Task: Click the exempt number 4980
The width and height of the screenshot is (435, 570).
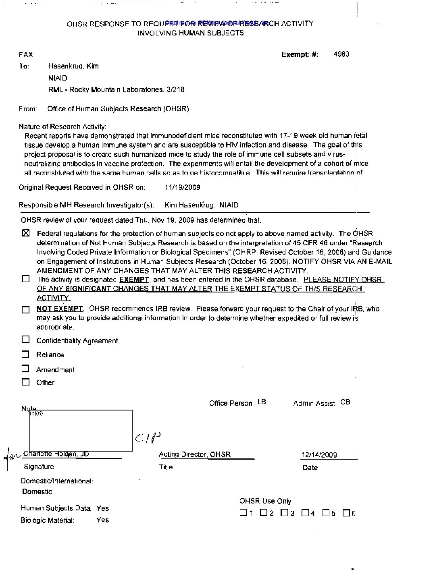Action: [x=341, y=54]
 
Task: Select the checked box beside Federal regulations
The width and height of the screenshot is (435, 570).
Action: [x=26, y=233]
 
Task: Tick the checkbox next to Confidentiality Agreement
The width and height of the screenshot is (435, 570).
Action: [x=26, y=339]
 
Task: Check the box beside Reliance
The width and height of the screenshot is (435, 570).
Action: [x=26, y=354]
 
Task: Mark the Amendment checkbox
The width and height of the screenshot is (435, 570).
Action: [x=26, y=368]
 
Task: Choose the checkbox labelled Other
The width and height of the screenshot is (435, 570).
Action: [x=26, y=382]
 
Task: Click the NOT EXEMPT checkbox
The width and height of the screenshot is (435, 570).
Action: [x=26, y=309]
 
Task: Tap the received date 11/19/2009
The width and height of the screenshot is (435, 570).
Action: [x=182, y=187]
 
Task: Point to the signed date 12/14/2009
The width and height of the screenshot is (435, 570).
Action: [x=319, y=455]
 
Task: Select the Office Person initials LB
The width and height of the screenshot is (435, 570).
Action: [x=262, y=402]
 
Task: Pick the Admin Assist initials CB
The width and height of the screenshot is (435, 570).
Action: [x=345, y=402]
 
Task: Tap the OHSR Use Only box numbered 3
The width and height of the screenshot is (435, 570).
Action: [x=285, y=513]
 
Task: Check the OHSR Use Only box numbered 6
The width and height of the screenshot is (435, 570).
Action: [x=346, y=513]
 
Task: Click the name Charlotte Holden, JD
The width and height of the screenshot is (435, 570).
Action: [x=56, y=454]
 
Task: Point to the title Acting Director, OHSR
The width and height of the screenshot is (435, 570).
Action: [x=195, y=454]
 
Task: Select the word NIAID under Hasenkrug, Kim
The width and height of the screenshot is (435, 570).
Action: [x=58, y=78]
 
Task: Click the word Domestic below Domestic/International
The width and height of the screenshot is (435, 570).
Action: [x=37, y=491]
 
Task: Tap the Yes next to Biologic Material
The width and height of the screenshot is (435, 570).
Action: [x=103, y=520]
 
